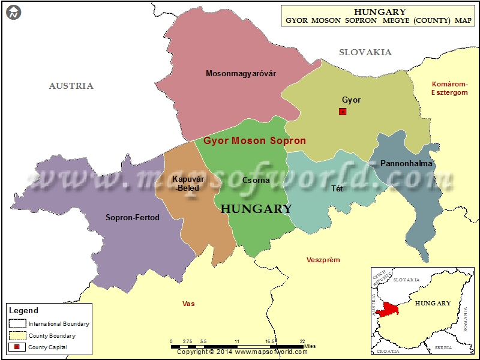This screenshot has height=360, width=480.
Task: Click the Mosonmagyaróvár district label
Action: tap(241, 74)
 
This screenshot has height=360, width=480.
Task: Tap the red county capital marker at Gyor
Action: tap(343, 112)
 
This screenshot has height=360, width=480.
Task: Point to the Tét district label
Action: tap(337, 188)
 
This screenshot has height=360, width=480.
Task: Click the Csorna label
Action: tap(256, 180)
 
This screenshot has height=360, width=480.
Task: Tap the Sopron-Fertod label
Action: tap(133, 218)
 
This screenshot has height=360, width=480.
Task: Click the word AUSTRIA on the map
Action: tap(71, 86)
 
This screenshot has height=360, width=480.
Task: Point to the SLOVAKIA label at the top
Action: tap(365, 52)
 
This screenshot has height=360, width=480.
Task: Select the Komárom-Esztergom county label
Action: tap(449, 88)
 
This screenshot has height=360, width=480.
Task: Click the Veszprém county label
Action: tap(323, 260)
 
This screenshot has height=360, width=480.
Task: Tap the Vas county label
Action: tap(188, 304)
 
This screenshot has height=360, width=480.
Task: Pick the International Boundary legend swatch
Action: tap(17, 324)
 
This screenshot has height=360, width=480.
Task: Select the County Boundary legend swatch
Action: tap(17, 336)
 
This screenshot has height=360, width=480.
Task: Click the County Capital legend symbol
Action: tap(17, 347)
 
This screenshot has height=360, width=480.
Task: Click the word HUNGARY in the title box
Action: tap(380, 12)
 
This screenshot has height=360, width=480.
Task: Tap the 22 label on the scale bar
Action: tap(302, 341)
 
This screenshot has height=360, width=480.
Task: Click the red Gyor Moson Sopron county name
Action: tap(254, 141)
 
